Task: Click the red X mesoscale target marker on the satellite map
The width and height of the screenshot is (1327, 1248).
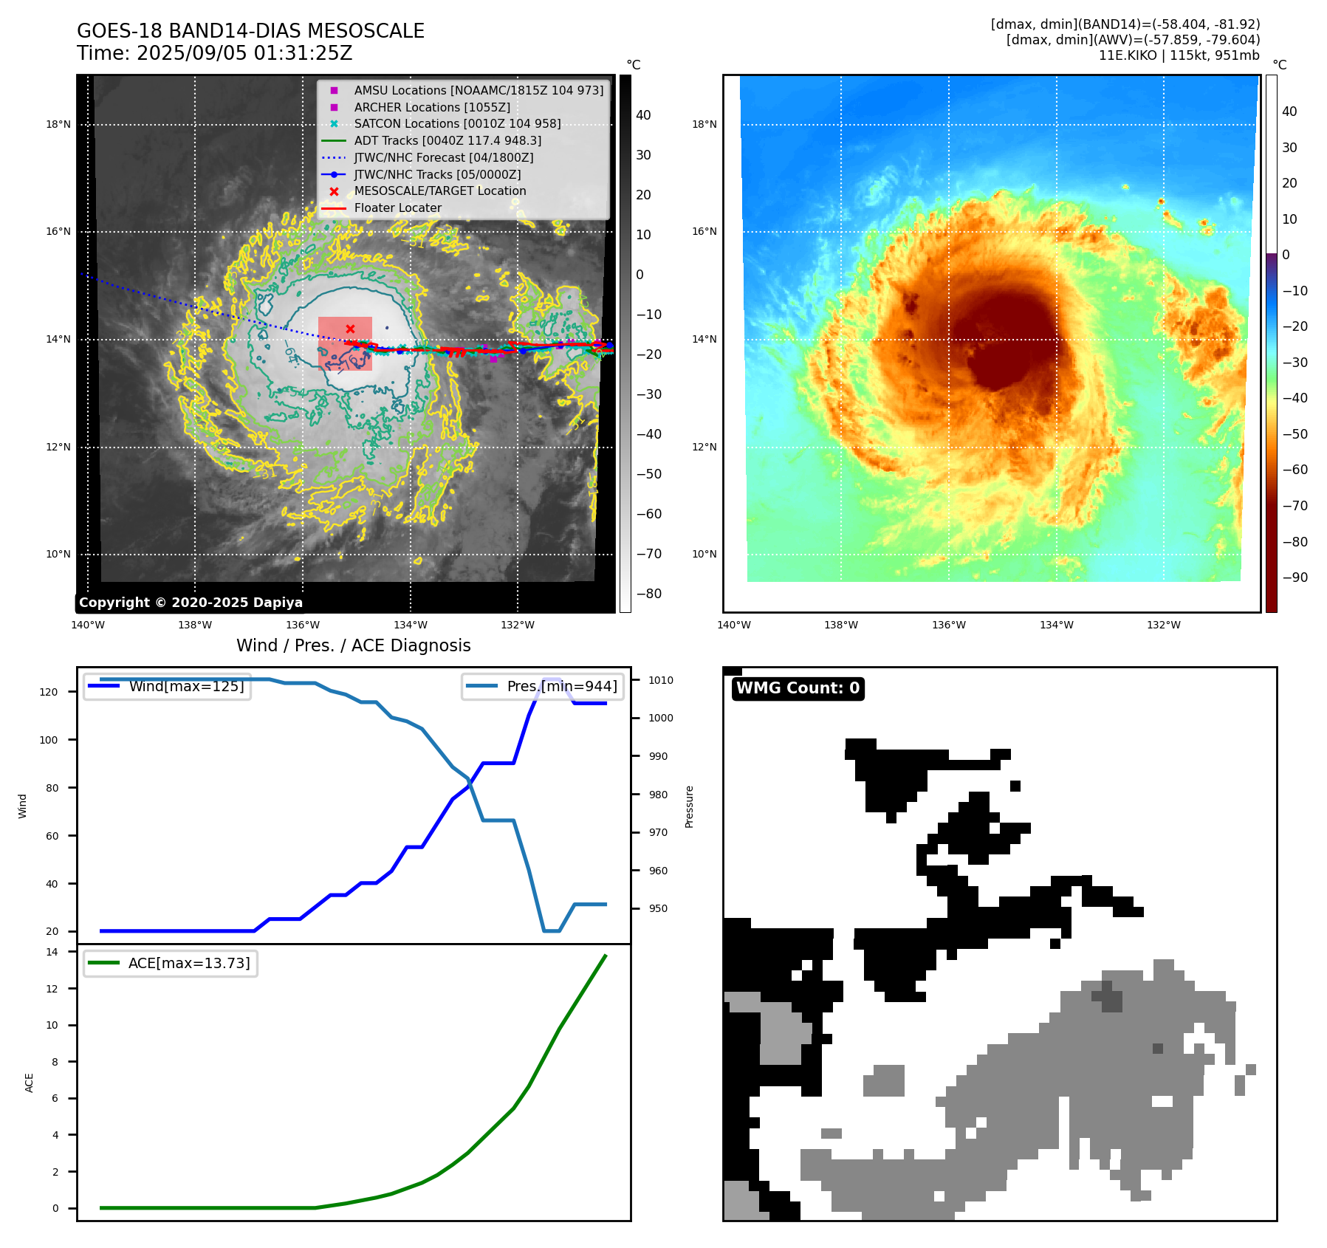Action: coord(350,329)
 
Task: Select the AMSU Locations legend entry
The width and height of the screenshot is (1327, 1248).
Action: coord(478,90)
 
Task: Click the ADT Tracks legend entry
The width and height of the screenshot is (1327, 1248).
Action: coord(447,140)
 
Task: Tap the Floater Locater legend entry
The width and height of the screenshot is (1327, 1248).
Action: coord(397,208)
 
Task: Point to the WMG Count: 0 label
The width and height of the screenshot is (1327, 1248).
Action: coord(798,688)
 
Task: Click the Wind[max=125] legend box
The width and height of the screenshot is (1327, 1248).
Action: coord(167,687)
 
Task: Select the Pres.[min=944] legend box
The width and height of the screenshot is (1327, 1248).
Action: coord(543,687)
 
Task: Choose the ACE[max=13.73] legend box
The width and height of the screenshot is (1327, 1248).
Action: coord(171,964)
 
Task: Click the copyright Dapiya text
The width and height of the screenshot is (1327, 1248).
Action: coord(191,603)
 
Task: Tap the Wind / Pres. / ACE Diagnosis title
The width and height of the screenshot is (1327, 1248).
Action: coord(353,645)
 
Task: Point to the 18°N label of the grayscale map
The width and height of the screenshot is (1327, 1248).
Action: coord(58,124)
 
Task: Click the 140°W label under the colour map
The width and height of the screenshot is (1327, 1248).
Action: coord(733,625)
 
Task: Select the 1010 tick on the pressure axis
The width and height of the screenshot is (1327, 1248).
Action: coord(661,680)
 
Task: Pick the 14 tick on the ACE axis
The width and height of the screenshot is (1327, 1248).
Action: coord(52,952)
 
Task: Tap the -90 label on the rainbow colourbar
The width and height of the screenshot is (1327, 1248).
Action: coord(1295,577)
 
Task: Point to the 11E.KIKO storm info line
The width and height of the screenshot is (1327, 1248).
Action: coord(1179,55)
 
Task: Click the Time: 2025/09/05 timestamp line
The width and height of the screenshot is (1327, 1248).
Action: coord(214,54)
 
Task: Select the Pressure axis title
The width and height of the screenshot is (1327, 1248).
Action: coord(689,806)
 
